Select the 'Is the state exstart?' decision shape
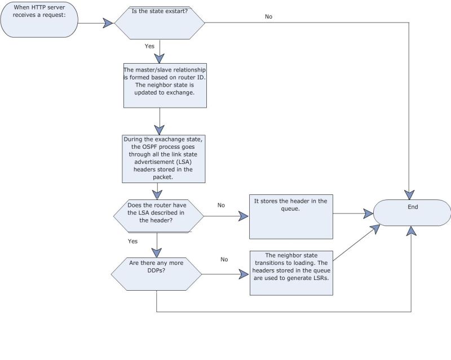160,23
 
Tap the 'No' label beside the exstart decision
268,16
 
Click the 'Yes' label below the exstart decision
149,46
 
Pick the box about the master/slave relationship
160,85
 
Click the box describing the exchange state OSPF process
160,158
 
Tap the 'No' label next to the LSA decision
221,205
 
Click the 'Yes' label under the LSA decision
132,241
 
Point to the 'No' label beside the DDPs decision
224,260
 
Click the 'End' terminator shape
412,211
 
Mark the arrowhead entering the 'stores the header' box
244,215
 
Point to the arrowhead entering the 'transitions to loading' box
244,274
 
